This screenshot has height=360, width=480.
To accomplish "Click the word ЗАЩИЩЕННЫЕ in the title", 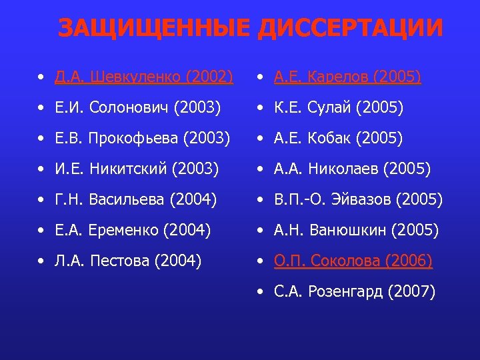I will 154,29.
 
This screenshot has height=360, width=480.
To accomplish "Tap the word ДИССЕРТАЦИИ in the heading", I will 349,29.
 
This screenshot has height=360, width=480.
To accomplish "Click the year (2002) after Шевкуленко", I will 210,77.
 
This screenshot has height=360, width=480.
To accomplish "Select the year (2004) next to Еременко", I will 187,230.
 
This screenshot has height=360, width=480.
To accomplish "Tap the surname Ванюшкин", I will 349,230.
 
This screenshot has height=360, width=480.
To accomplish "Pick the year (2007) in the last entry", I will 413,291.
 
